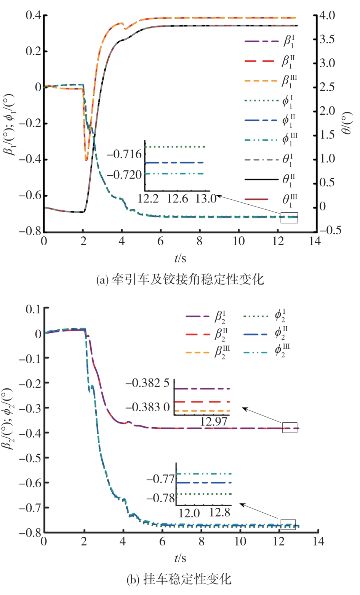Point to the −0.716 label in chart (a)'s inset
[124, 154]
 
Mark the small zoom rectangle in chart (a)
[289, 217]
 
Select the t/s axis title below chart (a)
[180, 259]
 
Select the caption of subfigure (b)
[179, 580]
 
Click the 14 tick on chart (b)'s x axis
[318, 541]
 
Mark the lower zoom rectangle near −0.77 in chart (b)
[288, 524]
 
